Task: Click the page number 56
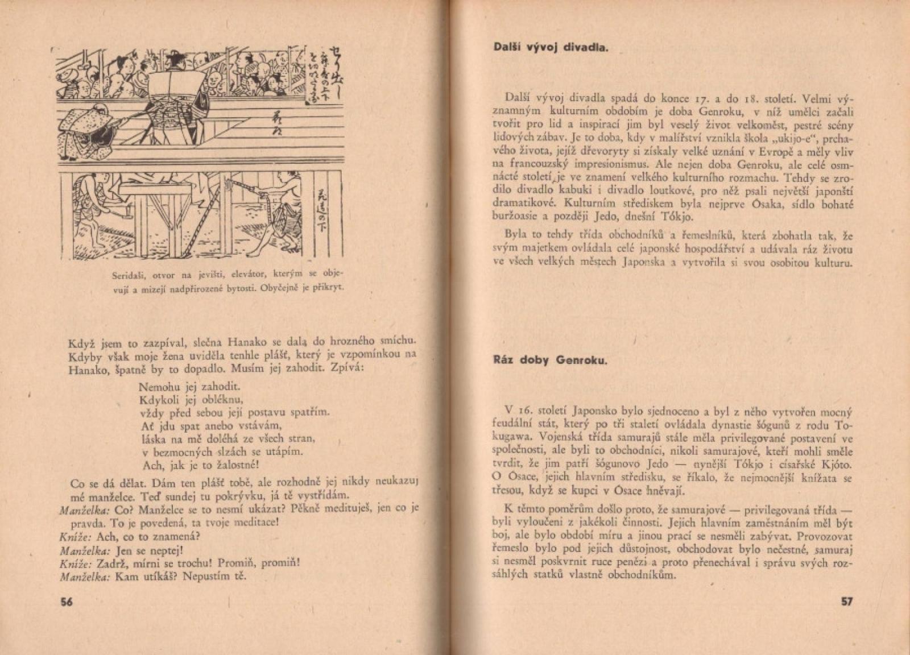click(67, 603)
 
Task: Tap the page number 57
click(846, 602)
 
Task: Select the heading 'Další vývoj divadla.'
click(551, 47)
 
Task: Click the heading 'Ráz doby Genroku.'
click(550, 360)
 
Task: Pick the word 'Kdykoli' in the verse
click(157, 400)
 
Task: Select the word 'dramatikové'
click(522, 204)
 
